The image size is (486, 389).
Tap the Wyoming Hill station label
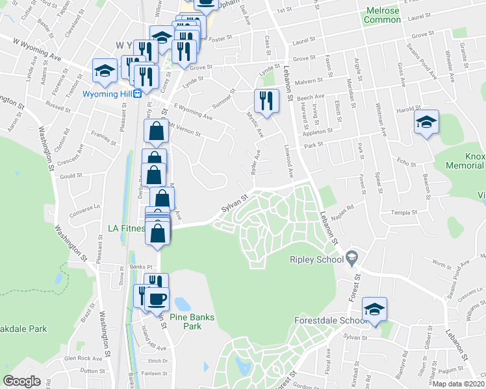(x=107, y=93)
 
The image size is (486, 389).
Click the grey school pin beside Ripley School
(x=352, y=258)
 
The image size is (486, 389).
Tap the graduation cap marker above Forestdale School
(x=374, y=309)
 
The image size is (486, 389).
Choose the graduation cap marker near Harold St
(x=426, y=121)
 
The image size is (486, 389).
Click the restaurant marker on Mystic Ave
(x=266, y=100)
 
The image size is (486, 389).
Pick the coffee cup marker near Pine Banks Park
(x=157, y=299)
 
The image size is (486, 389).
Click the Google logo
(x=21, y=381)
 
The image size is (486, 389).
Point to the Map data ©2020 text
(x=459, y=384)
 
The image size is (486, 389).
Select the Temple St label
(x=402, y=213)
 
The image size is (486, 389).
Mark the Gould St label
(x=71, y=175)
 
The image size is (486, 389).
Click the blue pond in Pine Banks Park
(x=183, y=303)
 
